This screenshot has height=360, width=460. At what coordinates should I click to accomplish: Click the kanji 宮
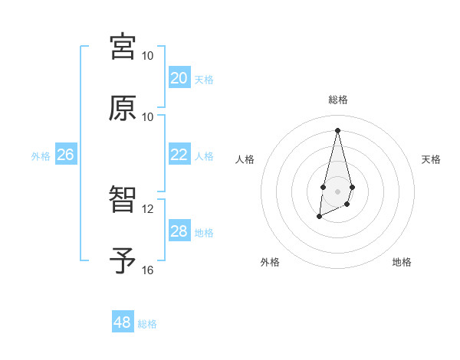[x=123, y=47]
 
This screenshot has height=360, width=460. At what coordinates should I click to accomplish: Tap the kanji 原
[x=123, y=108]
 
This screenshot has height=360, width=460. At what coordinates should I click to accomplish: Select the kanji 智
[x=123, y=200]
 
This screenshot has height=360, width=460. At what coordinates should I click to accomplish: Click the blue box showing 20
[x=179, y=77]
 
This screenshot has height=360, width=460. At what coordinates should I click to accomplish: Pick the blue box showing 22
[x=179, y=154]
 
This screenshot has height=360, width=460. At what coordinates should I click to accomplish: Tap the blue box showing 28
[x=179, y=231]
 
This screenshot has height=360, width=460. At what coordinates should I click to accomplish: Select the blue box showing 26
[x=65, y=154]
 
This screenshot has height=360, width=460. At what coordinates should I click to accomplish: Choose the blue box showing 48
[x=123, y=322]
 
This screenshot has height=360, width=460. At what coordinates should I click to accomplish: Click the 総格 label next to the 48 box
[x=147, y=324]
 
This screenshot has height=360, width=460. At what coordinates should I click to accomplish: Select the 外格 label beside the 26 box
[x=41, y=156]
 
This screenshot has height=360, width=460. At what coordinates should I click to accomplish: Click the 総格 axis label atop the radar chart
[x=337, y=100]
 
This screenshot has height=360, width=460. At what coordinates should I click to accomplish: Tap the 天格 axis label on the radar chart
[x=431, y=159]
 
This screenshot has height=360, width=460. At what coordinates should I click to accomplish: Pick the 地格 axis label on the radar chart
[x=402, y=262]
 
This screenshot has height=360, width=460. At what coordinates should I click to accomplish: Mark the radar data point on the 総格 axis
[x=337, y=129]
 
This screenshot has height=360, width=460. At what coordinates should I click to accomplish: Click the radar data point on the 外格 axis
[x=319, y=217]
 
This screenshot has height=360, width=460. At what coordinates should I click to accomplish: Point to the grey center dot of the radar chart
[x=337, y=190]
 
